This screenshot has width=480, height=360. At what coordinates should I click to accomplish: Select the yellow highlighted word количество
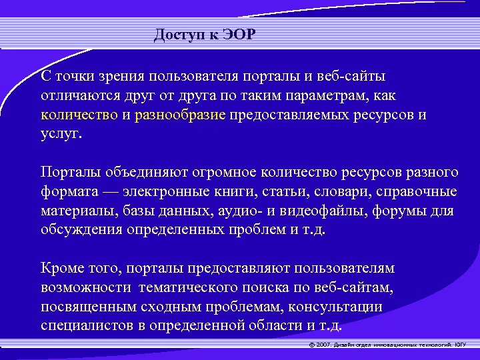(x=79, y=115)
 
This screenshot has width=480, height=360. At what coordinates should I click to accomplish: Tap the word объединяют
(x=134, y=173)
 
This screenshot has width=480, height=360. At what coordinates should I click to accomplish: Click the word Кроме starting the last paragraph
(x=61, y=268)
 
